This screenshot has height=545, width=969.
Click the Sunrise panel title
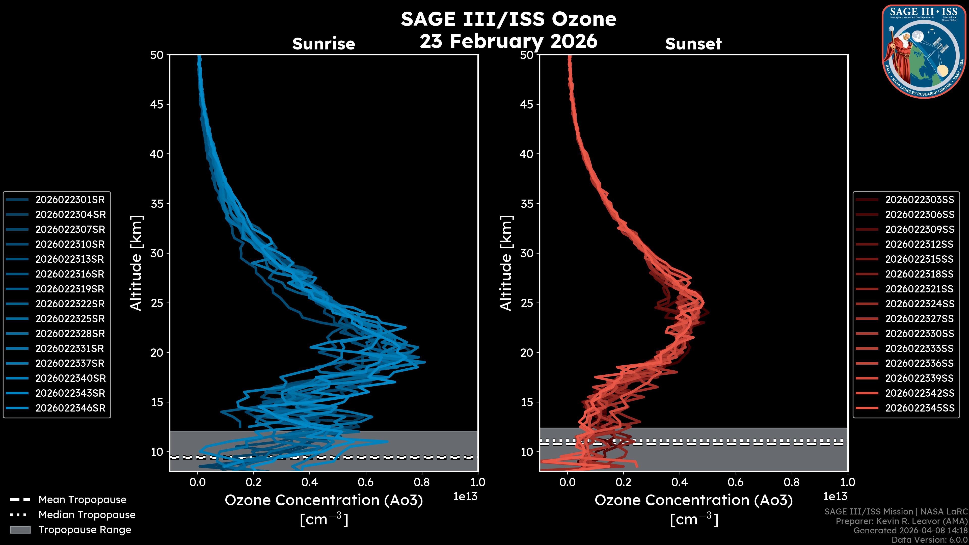point(324,44)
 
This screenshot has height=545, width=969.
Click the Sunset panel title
point(693,44)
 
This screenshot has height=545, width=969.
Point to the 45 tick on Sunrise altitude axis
point(157,104)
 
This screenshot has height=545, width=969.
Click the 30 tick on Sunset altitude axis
point(527,253)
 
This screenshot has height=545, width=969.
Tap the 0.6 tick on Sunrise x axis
point(366,482)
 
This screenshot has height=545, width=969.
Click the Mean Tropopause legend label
point(82,500)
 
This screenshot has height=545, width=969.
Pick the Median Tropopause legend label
point(87,515)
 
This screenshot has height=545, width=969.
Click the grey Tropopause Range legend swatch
point(20,530)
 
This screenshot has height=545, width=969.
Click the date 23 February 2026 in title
point(508,41)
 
